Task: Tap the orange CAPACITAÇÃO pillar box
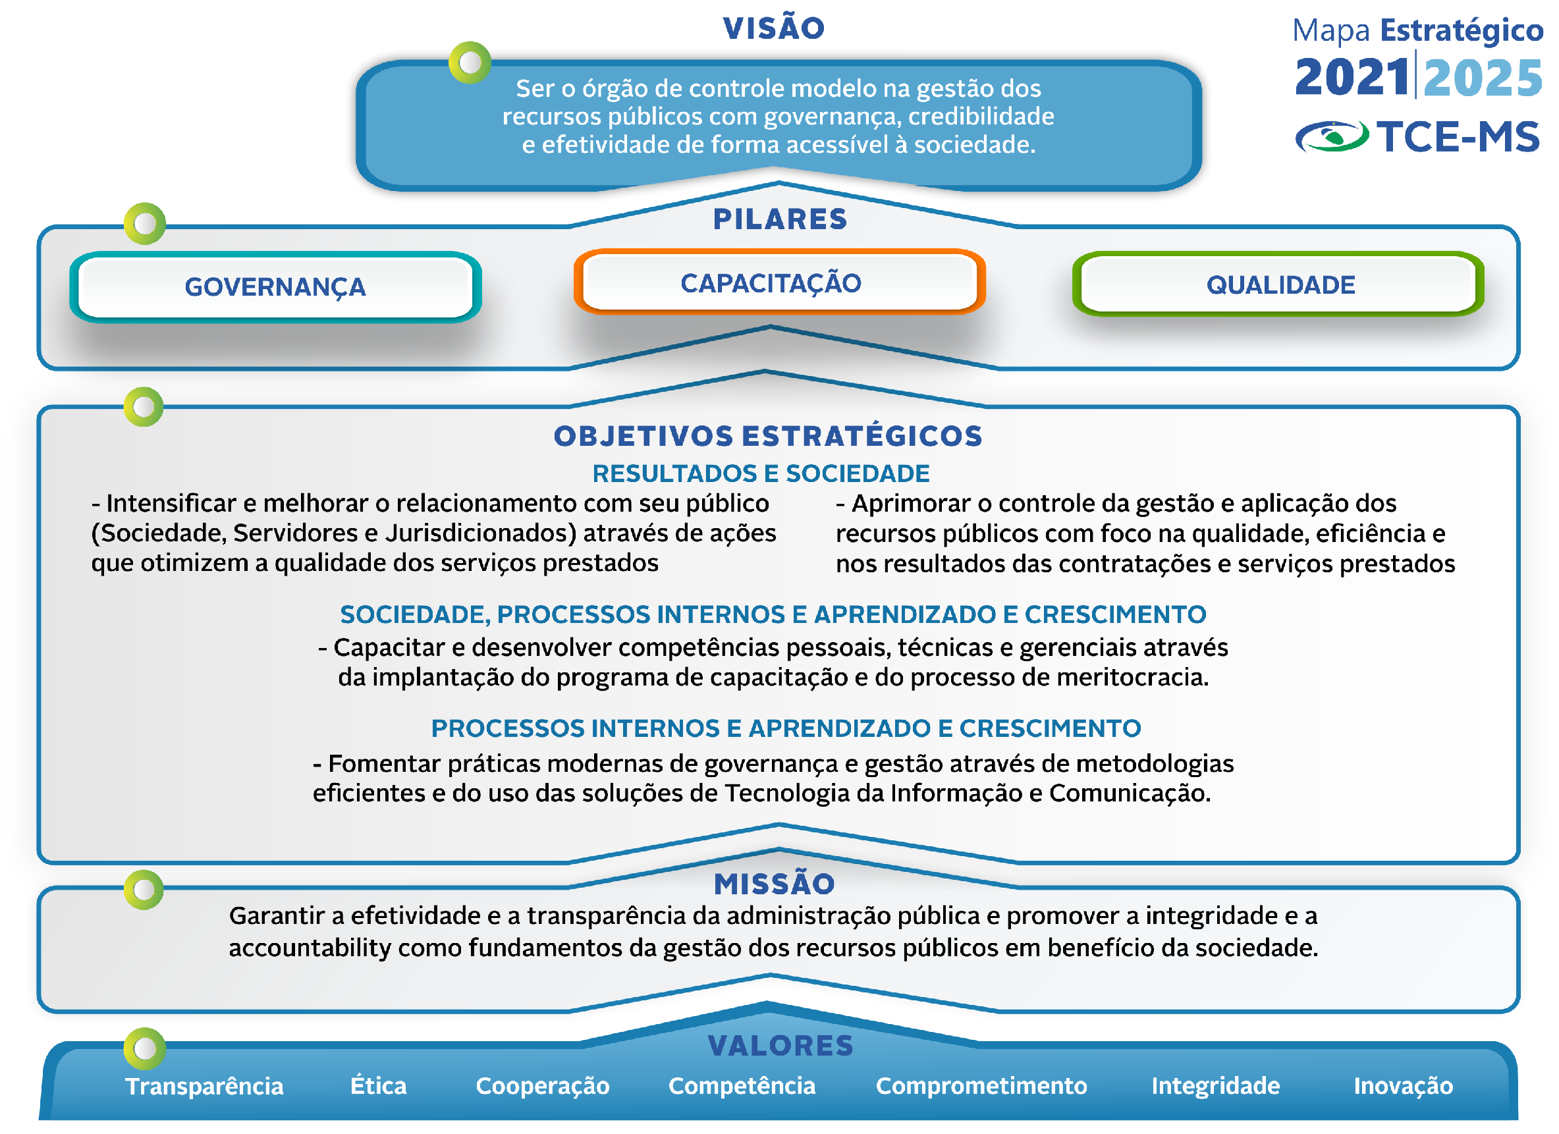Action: (780, 282)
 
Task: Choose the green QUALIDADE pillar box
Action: (1278, 284)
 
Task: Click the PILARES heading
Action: (780, 219)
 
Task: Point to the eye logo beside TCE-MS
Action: (1332, 136)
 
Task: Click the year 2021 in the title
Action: (1352, 77)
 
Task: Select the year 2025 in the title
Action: (1483, 78)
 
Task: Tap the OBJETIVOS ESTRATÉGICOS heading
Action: (769, 436)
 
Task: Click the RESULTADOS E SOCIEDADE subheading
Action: (761, 473)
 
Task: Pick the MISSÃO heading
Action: (774, 884)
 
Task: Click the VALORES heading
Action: (780, 1046)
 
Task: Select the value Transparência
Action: (204, 1086)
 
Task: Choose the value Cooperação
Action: (542, 1087)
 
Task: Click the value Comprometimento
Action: (981, 1086)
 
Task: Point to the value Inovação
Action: (1403, 1087)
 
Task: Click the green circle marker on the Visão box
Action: (470, 63)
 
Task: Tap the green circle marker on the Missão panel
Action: (144, 890)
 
